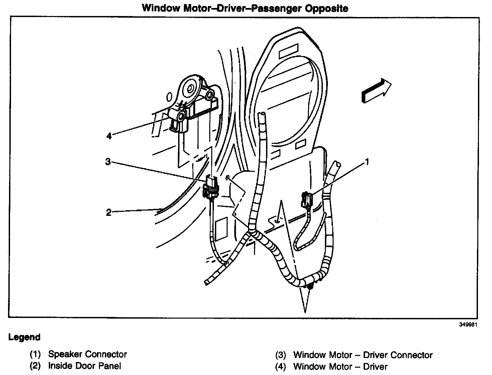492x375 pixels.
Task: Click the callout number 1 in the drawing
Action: click(x=367, y=162)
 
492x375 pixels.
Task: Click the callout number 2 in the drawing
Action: click(x=108, y=213)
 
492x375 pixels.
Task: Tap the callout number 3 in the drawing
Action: click(x=108, y=162)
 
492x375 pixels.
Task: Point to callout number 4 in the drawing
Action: click(x=109, y=136)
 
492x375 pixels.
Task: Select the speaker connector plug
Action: click(x=306, y=200)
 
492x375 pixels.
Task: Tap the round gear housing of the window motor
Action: click(x=190, y=88)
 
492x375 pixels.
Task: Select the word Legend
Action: click(x=24, y=337)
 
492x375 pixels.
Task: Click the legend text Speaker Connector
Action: click(x=88, y=354)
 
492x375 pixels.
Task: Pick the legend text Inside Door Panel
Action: click(x=85, y=366)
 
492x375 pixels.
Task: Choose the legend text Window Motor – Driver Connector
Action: click(x=363, y=355)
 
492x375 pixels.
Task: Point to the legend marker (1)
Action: click(x=35, y=354)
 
